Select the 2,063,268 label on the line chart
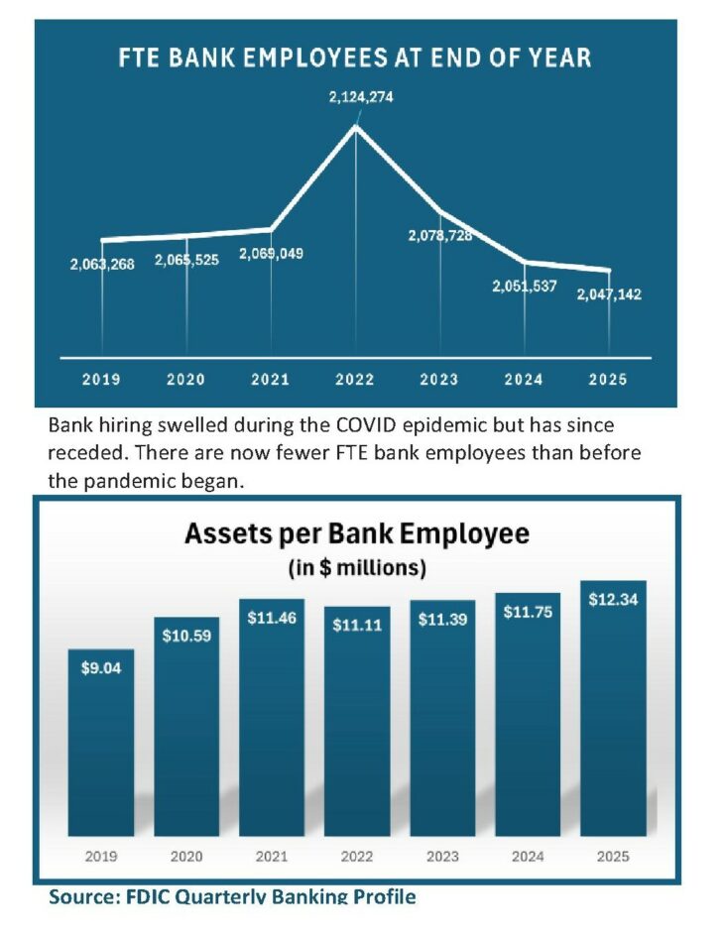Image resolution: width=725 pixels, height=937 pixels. (x=102, y=265)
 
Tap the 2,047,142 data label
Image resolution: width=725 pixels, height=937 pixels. (x=609, y=294)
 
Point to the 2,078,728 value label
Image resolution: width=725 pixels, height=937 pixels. (x=440, y=236)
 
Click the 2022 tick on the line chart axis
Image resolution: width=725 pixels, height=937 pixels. (x=355, y=380)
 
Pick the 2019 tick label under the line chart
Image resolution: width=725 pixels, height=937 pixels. (x=101, y=380)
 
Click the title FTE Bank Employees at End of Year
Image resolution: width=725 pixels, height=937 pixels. (x=355, y=58)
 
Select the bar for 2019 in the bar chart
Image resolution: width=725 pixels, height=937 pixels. (x=101, y=744)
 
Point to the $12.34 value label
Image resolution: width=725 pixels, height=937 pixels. (x=613, y=601)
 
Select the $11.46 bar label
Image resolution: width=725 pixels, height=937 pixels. (x=272, y=617)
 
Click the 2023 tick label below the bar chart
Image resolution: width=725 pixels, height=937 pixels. (x=442, y=856)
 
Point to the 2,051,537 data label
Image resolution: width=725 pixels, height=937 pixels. (x=525, y=287)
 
